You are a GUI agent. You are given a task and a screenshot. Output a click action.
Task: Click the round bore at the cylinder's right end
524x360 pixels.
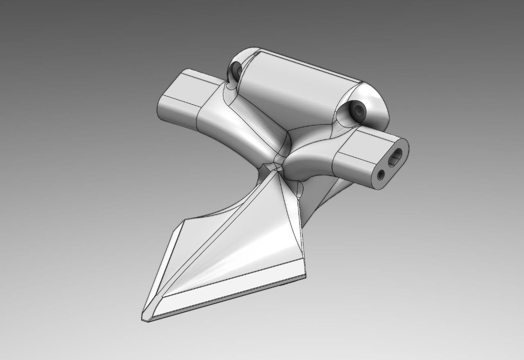click(359, 110)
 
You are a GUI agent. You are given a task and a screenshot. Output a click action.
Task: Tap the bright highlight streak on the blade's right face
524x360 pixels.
click(246, 258)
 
